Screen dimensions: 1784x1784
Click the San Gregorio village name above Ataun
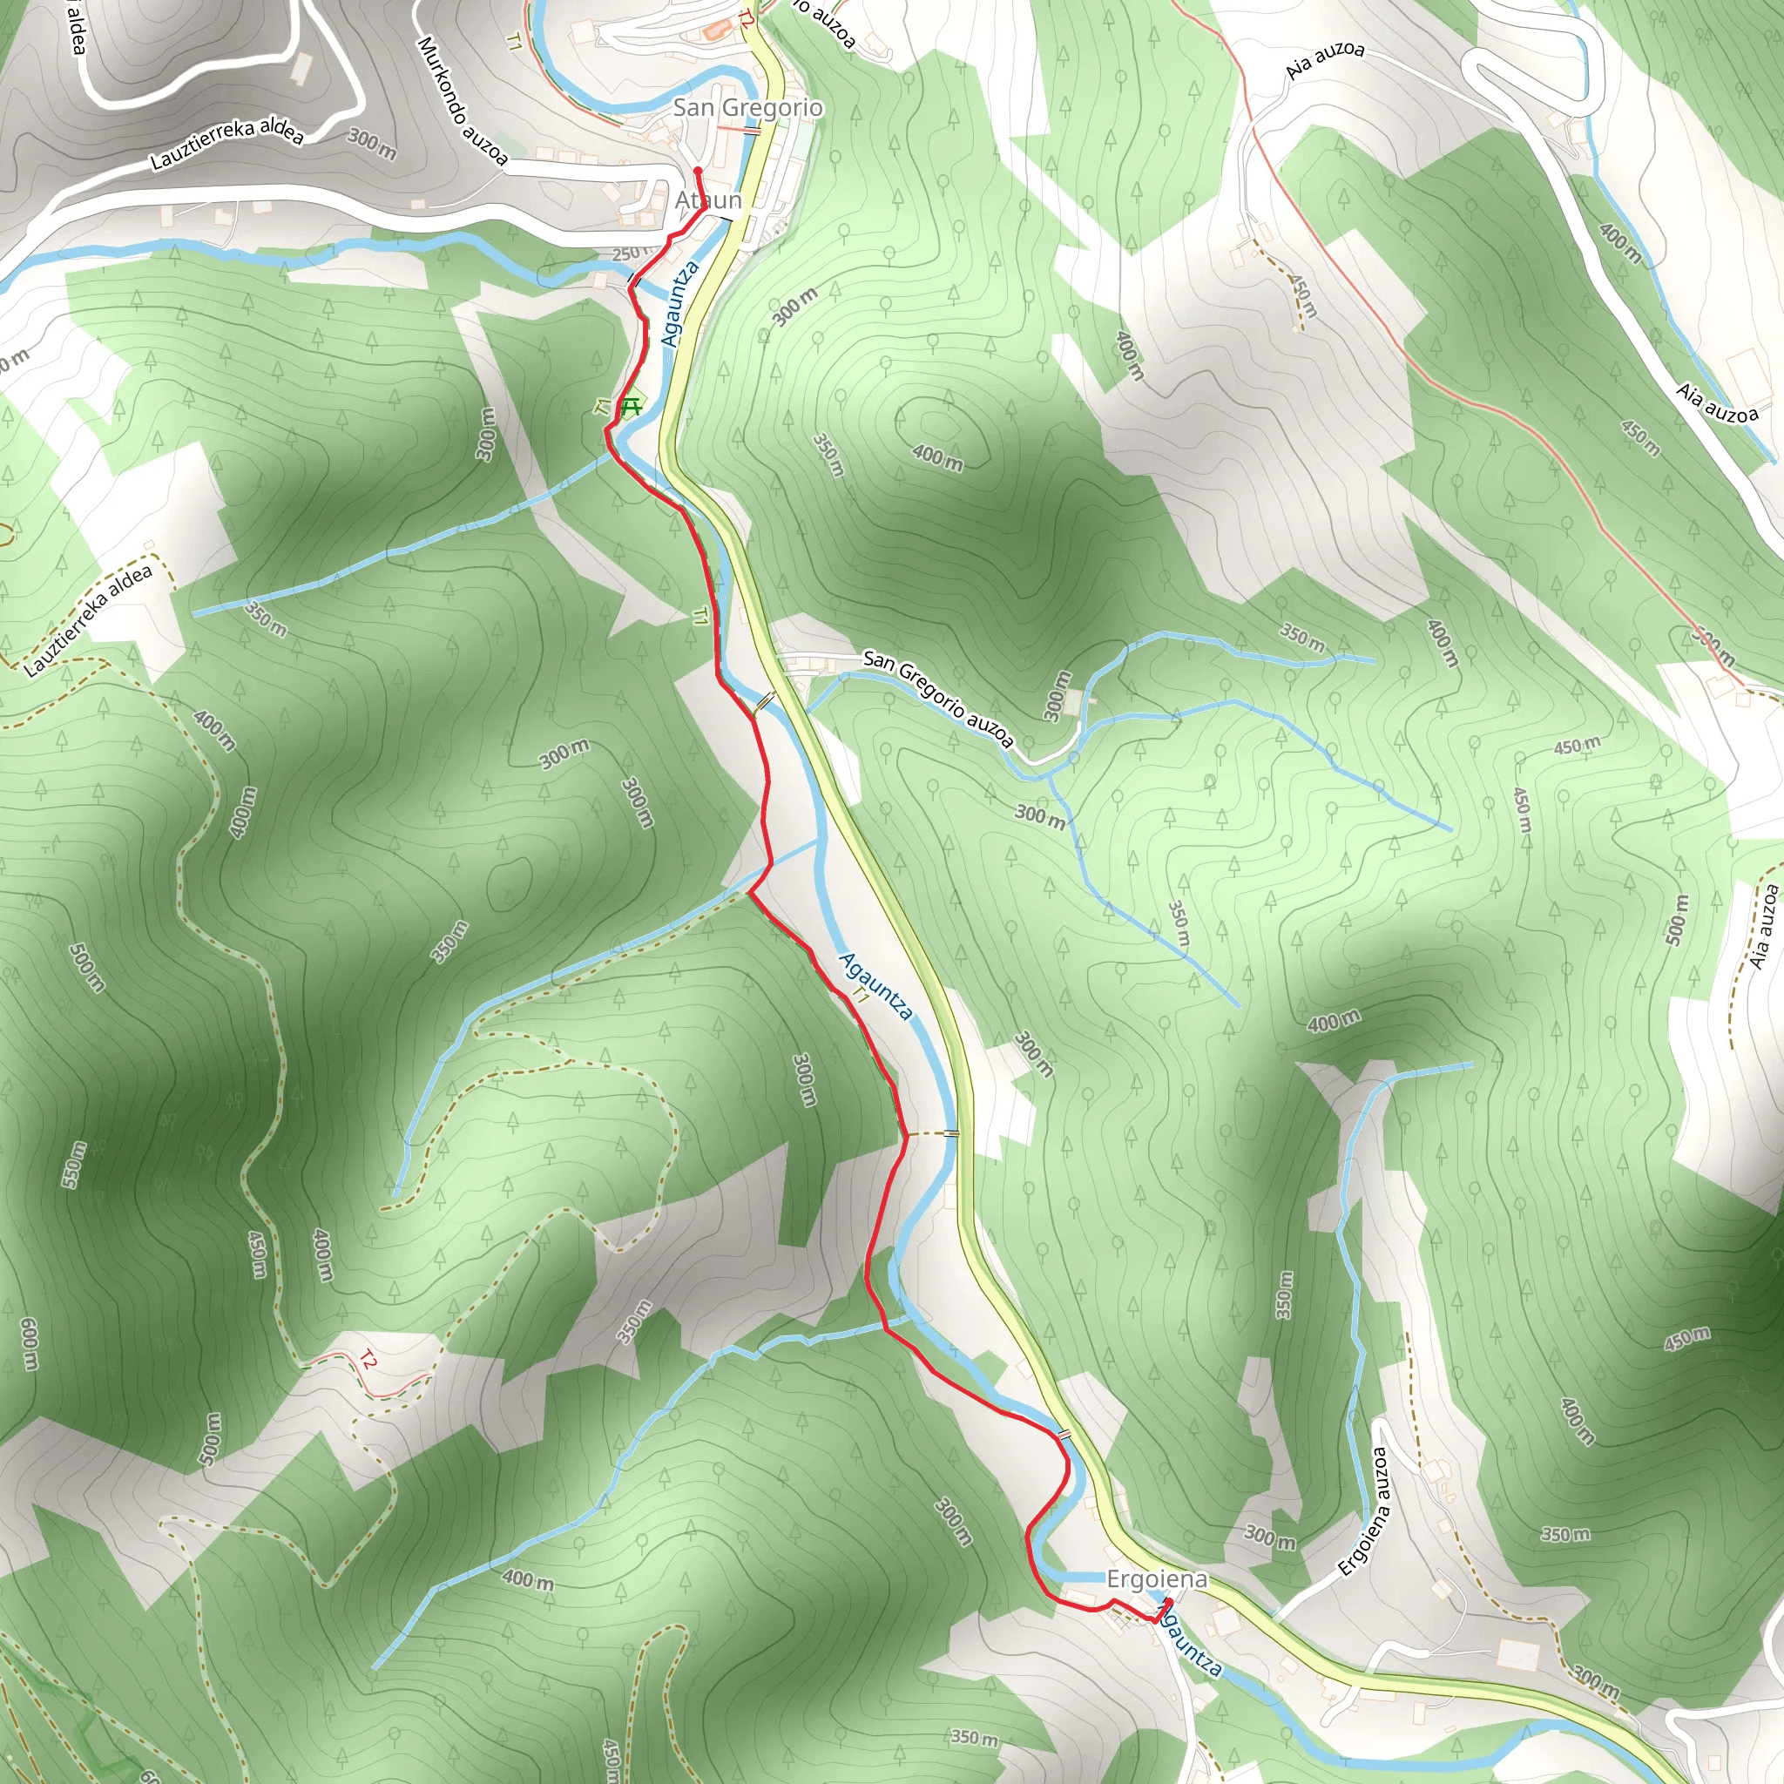pos(747,108)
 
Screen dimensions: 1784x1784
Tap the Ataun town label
pos(708,200)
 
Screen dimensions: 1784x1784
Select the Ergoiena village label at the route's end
pos(1157,1579)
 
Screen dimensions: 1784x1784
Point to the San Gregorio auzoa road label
pos(938,698)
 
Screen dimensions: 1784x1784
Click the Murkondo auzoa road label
pos(462,101)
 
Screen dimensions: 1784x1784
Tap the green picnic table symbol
pos(632,405)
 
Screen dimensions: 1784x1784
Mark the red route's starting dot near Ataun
pos(698,171)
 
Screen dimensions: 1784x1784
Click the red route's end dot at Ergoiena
pos(1168,1601)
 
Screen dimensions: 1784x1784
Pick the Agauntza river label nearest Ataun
pos(679,304)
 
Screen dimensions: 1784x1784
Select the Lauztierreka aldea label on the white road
pos(227,145)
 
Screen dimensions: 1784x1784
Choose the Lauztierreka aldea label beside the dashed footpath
pos(89,621)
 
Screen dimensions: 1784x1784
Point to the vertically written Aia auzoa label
pos(1765,926)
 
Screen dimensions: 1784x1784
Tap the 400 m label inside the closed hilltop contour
pos(937,456)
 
